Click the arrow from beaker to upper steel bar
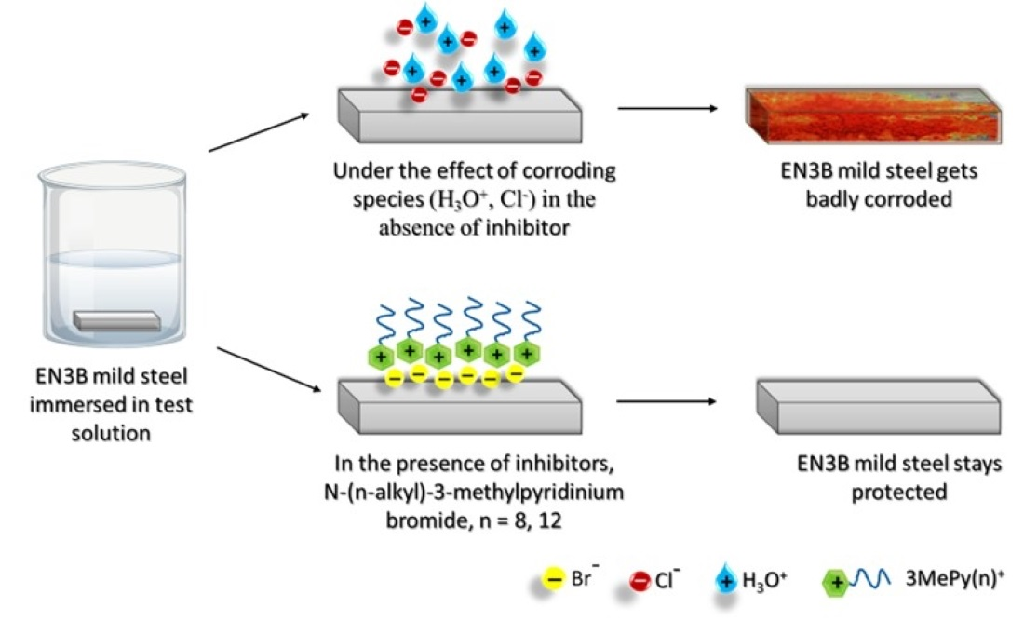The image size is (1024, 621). tap(259, 132)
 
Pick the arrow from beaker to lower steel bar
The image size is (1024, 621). tap(259, 368)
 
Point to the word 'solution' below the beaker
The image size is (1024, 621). tap(111, 433)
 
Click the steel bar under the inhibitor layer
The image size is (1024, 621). tap(456, 402)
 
